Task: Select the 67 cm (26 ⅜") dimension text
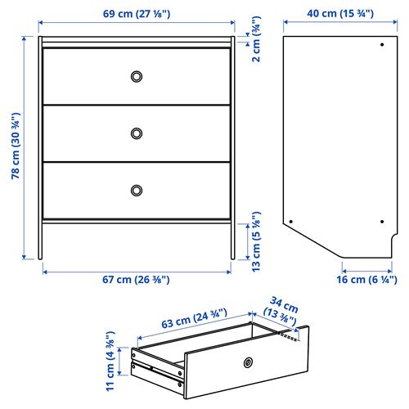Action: [x=135, y=280]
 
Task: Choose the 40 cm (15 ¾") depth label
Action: [x=340, y=13]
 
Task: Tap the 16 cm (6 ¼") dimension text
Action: [x=366, y=280]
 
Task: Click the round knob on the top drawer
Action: [x=137, y=76]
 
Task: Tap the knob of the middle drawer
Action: [x=137, y=133]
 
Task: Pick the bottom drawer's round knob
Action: [x=137, y=190]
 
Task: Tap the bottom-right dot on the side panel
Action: [x=382, y=220]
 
